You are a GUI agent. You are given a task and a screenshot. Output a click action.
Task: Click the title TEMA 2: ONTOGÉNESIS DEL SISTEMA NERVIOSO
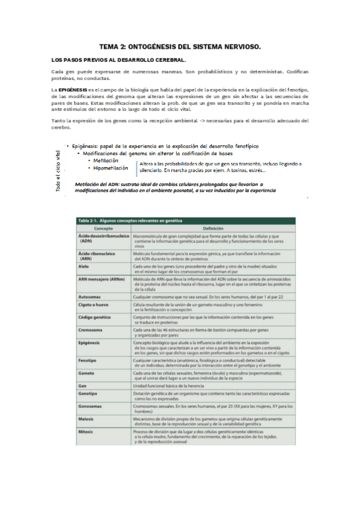[x=180, y=46]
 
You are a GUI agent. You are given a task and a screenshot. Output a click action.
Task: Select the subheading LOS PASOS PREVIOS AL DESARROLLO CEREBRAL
[x=120, y=60]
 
